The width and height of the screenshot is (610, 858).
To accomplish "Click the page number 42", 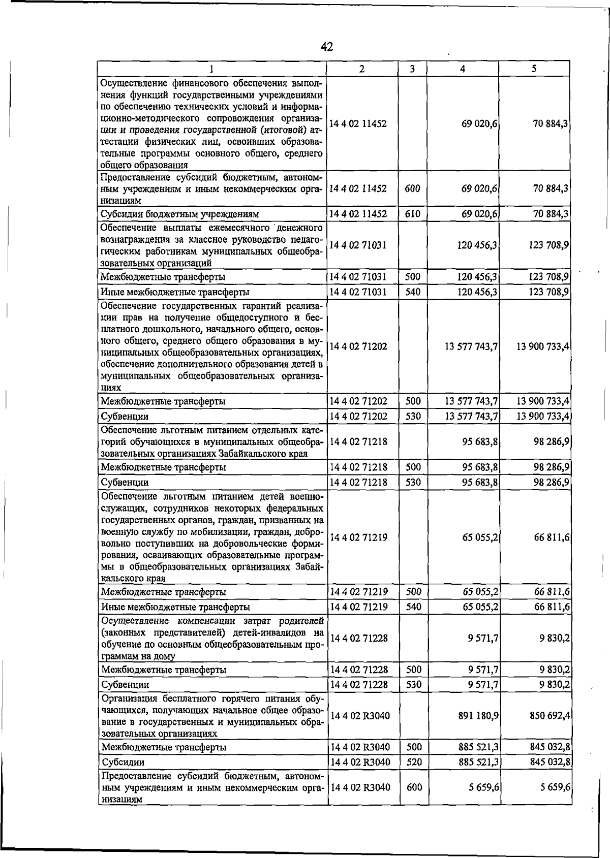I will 327,47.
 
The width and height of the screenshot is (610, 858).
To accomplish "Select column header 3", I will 412,69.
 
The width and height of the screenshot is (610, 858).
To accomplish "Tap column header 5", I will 534,69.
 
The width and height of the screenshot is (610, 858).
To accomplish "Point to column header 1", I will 211,69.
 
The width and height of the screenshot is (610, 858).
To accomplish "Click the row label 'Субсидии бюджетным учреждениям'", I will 180,214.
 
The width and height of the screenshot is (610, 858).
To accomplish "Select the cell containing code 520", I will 414,762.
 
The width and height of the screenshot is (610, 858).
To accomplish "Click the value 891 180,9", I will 478,716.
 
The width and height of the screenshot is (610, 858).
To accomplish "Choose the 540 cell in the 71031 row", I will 413,292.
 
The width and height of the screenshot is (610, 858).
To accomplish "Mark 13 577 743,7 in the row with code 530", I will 471,416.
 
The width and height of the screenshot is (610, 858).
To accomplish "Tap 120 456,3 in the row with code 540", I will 477,292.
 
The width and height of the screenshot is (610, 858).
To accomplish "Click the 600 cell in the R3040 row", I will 414,787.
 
